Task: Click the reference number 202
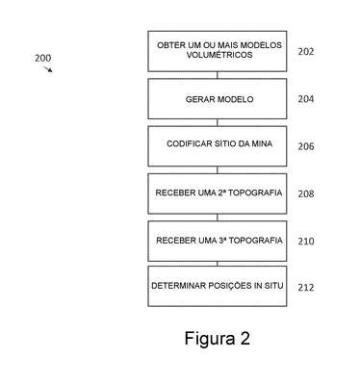pos(306,51)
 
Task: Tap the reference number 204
pos(306,99)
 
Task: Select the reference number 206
pos(306,146)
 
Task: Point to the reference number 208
pos(306,193)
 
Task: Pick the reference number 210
pos(306,241)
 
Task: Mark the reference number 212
pos(306,288)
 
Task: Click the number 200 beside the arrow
pos(42,58)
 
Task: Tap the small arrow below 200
pos(48,69)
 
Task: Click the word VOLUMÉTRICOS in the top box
pos(219,55)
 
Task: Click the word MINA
pos(262,143)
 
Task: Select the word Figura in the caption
pos(210,339)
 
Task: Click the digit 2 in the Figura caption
pos(244,338)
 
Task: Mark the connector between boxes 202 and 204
pos(218,75)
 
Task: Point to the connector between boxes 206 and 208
pos(218,170)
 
